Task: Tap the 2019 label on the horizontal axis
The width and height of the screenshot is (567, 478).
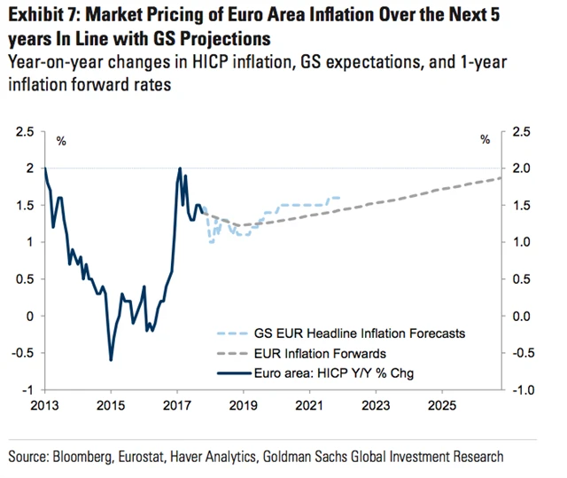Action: (242, 405)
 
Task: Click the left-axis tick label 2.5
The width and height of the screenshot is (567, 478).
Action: (25, 131)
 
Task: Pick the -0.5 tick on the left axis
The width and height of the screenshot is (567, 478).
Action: (23, 353)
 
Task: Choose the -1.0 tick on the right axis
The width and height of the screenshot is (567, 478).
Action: (523, 390)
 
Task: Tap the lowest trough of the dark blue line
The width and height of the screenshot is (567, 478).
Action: (111, 359)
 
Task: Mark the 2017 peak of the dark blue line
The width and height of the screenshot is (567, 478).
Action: (180, 168)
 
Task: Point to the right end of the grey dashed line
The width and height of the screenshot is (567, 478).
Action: (501, 178)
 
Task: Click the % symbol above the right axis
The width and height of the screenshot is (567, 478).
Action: (485, 140)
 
